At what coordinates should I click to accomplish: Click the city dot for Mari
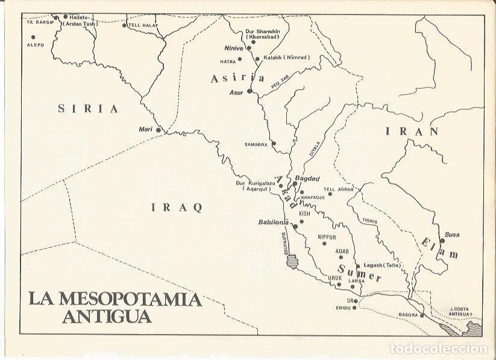[159, 130]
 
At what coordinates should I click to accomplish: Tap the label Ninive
[233, 48]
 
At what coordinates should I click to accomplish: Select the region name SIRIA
[88, 109]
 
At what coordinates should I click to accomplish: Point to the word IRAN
[410, 131]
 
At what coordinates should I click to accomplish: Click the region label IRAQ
[176, 207]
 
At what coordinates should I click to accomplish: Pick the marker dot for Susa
[442, 241]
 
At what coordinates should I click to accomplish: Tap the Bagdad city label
[308, 179]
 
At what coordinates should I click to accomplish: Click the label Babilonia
[274, 222]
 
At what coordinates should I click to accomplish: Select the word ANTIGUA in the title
[107, 315]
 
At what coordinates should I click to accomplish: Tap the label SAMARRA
[256, 144]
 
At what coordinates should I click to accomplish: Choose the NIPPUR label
[326, 237]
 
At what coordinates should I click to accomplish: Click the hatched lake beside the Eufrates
[292, 261]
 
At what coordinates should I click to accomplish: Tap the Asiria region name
[237, 78]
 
